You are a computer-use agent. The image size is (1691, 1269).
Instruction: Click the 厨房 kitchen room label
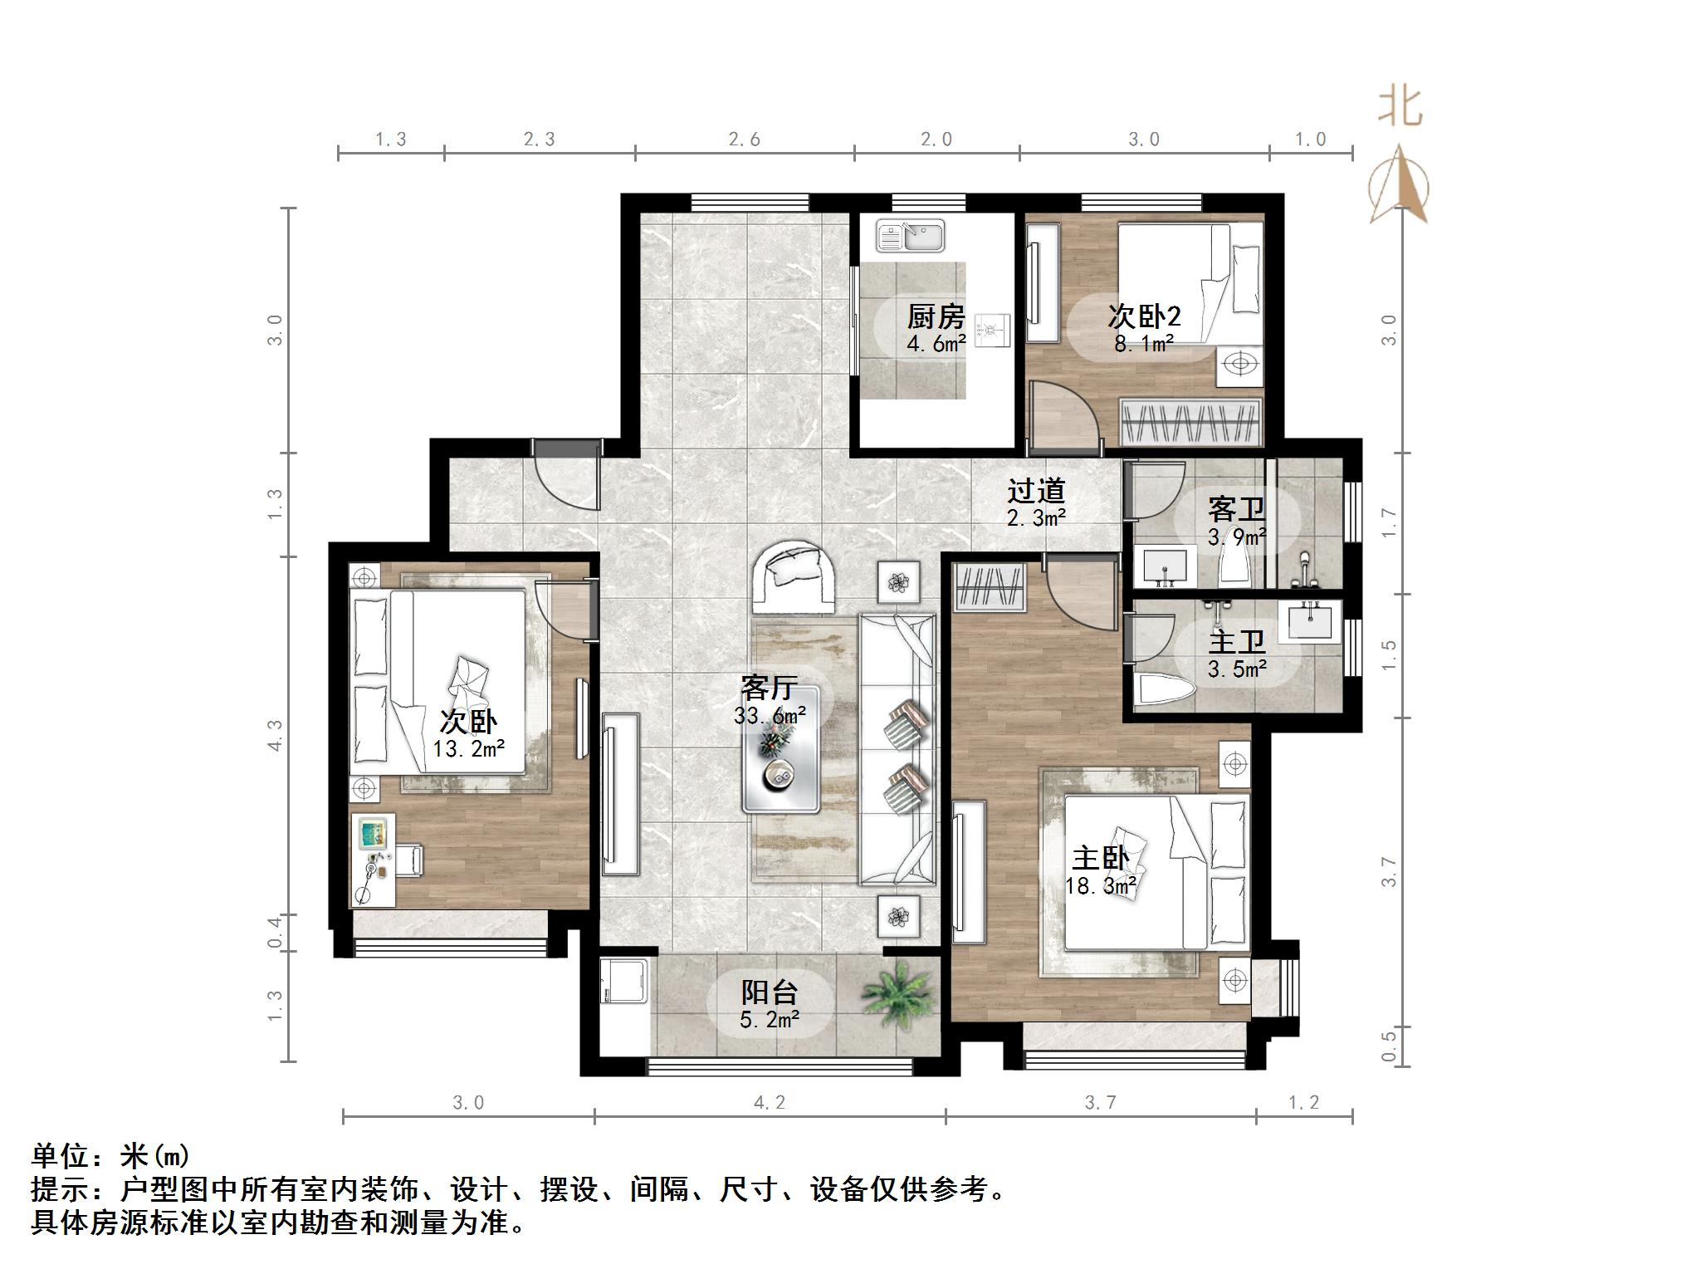(936, 316)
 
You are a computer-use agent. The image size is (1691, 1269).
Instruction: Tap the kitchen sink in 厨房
(910, 236)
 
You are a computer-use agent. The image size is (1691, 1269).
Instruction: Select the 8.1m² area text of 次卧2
(1143, 343)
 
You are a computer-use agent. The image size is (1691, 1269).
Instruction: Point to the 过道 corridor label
(1035, 491)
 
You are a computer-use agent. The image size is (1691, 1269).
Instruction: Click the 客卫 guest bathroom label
(1236, 508)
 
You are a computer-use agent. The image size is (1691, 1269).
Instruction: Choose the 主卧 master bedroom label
(1100, 858)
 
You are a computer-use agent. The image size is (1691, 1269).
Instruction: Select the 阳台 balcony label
(769, 992)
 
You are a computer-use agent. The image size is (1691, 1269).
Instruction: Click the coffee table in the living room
(780, 748)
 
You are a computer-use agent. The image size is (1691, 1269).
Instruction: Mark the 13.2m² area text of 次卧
(468, 749)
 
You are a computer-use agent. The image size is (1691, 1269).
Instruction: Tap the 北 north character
(1400, 108)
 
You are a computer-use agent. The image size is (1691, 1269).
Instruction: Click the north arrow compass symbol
(1400, 187)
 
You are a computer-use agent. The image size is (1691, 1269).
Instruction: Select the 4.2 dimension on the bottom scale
(769, 1103)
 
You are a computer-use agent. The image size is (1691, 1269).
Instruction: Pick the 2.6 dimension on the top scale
(745, 140)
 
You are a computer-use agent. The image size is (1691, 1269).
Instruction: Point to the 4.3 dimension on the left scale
(276, 735)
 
